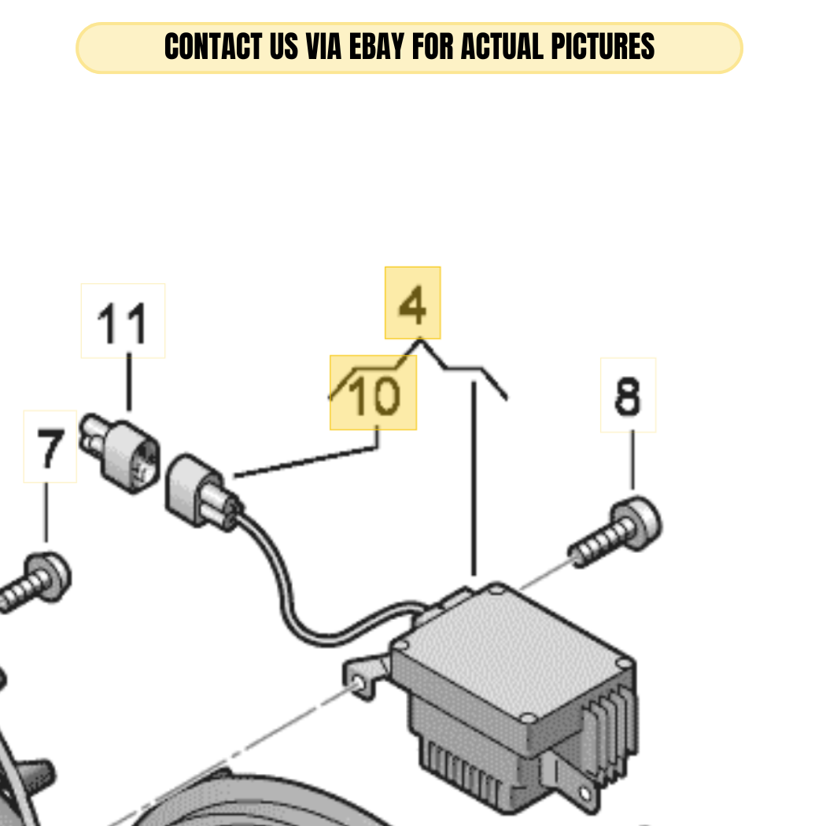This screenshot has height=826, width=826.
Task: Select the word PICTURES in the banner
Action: point(603,46)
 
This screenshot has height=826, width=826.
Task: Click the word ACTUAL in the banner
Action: point(503,46)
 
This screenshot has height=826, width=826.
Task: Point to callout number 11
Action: point(122,323)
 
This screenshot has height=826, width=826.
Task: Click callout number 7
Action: point(50,448)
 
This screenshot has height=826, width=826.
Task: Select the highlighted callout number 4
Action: point(412,304)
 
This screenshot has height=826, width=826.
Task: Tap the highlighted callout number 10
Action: point(374,395)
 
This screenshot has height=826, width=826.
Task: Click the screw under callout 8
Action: point(616,532)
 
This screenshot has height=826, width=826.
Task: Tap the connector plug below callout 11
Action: point(120,453)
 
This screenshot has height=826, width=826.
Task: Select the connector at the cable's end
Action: point(203,492)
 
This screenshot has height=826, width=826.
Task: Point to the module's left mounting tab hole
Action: point(359,684)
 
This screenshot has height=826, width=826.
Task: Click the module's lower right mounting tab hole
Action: point(585,794)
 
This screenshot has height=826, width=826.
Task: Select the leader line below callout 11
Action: point(129,382)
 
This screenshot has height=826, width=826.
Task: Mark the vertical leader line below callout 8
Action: point(632,460)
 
